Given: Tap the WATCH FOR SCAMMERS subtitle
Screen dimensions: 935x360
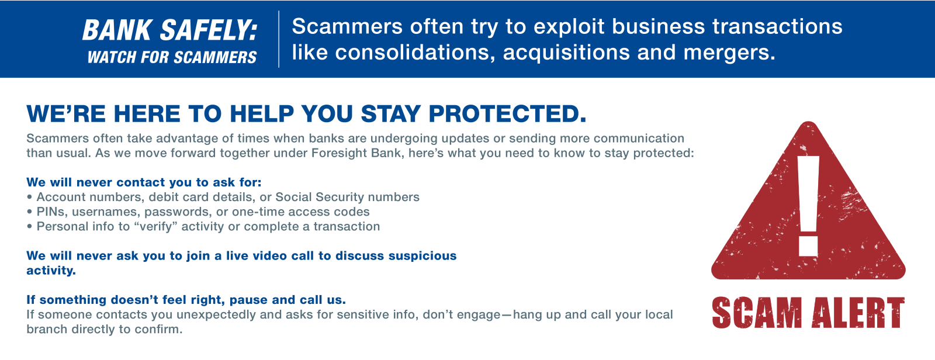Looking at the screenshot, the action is point(172,57).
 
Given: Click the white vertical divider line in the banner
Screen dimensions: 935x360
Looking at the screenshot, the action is point(279,39).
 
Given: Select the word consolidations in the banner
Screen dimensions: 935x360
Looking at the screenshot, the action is point(415,53).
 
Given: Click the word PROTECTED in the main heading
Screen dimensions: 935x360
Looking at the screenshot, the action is point(507,114).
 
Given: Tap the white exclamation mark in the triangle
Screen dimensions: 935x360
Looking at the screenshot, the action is point(809,206).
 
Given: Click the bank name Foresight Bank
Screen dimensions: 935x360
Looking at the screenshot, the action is point(356,153).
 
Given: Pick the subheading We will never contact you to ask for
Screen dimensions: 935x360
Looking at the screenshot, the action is point(144,182).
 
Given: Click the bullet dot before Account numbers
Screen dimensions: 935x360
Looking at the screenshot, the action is point(29,197).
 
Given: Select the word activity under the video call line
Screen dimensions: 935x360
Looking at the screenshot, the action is point(51,271).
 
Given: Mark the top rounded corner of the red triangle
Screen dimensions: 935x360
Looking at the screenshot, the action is point(809,122).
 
